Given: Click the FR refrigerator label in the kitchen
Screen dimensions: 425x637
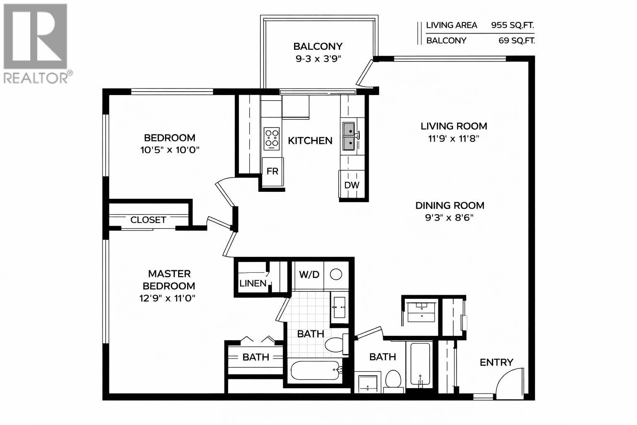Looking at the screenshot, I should click(272, 171).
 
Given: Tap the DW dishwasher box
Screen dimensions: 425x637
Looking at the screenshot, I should click(352, 185).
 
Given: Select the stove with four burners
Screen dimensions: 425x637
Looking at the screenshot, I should click(272, 139).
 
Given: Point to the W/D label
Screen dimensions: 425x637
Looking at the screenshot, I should click(309, 274).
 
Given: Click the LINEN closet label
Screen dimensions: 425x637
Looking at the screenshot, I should click(253, 283).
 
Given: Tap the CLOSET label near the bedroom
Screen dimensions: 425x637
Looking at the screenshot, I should click(148, 220).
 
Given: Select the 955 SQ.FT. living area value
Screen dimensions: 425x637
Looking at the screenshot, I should click(513, 25).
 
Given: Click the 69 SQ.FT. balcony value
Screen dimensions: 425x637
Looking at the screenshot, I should click(517, 41).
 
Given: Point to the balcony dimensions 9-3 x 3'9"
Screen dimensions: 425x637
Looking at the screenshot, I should click(318, 59).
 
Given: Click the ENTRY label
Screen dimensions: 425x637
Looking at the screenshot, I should click(496, 362).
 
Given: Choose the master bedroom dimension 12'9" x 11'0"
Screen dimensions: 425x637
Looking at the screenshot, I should click(167, 298).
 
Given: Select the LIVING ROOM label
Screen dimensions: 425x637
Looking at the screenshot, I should click(454, 126).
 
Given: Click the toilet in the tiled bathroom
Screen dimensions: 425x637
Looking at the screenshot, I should click(334, 344).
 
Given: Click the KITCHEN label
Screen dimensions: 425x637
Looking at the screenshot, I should click(310, 141).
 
